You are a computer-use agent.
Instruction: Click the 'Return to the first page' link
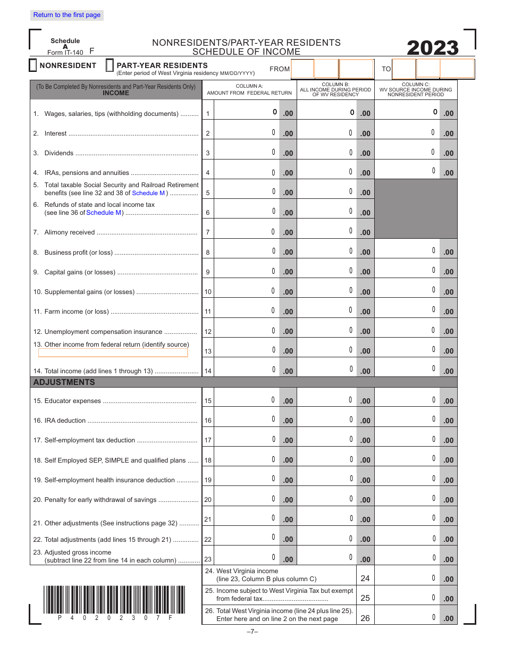[66, 15]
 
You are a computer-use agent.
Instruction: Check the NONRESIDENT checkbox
[32, 65]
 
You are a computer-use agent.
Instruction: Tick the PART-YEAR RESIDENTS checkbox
[110, 65]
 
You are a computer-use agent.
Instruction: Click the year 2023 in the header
[432, 48]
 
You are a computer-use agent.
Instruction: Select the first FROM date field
[302, 69]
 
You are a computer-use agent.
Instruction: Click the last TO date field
[457, 69]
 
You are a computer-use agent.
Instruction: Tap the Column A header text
[249, 89]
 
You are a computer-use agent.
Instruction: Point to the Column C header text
[416, 89]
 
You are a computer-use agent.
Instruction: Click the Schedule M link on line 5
[148, 193]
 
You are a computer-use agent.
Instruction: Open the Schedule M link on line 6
[104, 213]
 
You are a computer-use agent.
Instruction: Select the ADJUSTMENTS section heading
[64, 382]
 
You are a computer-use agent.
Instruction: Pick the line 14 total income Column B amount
[326, 370]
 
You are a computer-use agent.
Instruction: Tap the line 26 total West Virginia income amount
[407, 617]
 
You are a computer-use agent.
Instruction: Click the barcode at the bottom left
[108, 599]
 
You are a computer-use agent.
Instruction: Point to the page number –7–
[252, 632]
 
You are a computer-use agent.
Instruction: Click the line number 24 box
[365, 578]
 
